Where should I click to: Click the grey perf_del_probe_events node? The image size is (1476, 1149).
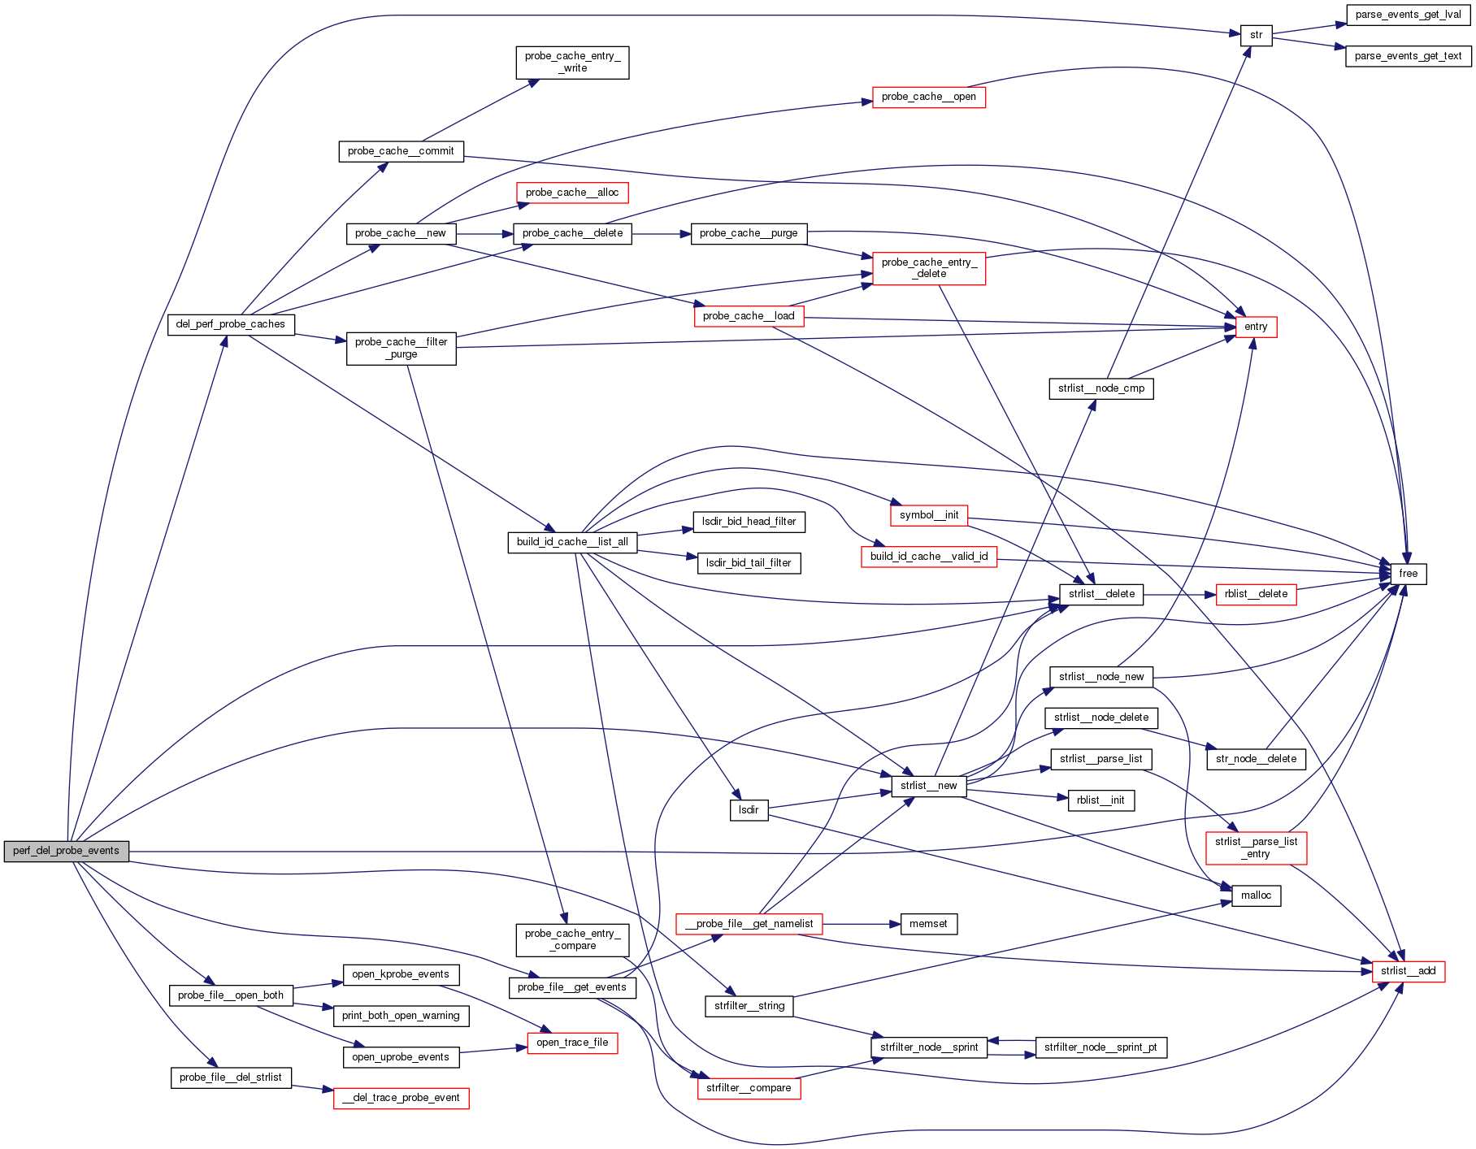(66, 851)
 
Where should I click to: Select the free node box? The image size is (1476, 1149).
(1408, 574)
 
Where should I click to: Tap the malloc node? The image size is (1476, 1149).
(1256, 895)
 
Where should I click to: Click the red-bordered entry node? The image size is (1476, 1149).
(1255, 327)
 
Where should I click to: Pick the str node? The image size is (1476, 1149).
(1256, 35)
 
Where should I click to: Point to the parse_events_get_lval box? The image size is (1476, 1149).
(1408, 15)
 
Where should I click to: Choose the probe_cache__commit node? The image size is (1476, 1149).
(401, 151)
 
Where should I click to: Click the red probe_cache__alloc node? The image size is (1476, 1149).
(572, 193)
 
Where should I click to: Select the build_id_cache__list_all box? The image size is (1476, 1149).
(572, 542)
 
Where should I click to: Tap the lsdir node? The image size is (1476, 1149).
(749, 810)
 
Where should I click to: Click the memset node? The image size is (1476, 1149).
(928, 924)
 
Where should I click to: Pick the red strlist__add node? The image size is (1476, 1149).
(1408, 971)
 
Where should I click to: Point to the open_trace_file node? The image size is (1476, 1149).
(572, 1043)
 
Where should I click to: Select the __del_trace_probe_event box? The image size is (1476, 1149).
(401, 1098)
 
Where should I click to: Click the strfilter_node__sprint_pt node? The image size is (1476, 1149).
(1100, 1047)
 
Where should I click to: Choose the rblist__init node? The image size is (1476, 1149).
(1100, 800)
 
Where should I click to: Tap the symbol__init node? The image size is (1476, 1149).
(928, 515)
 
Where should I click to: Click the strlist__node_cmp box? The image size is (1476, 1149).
(1100, 388)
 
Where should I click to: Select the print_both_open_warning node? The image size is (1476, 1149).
(401, 1016)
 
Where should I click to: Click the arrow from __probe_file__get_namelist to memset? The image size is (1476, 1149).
(862, 924)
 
